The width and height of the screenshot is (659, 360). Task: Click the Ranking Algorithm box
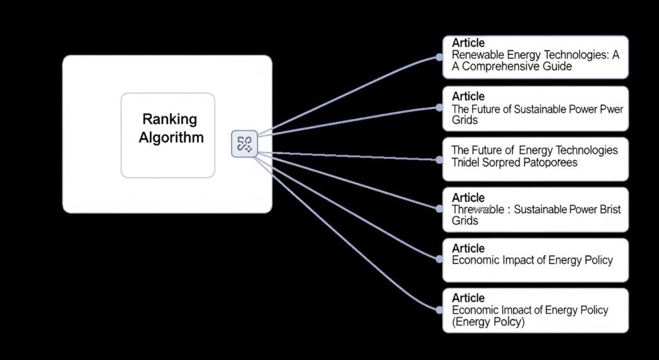(168, 135)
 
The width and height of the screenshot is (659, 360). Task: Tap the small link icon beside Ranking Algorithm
(244, 144)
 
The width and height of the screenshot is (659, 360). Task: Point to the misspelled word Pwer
(610, 109)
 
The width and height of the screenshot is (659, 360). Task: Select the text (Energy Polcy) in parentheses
(488, 321)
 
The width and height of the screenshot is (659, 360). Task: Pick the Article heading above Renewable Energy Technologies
(469, 43)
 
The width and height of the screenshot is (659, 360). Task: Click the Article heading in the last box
(469, 298)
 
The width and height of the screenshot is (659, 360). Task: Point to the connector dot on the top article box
(440, 57)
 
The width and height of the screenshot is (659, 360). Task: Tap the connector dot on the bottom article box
(440, 310)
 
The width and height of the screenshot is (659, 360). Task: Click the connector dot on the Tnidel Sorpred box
(440, 158)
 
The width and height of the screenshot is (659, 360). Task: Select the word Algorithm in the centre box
(171, 137)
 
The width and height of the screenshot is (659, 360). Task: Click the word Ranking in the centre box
(169, 119)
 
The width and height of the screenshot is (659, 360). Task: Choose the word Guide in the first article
(557, 66)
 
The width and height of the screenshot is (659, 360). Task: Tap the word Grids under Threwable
(465, 220)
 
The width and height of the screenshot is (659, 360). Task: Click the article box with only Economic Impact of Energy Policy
(535, 260)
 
